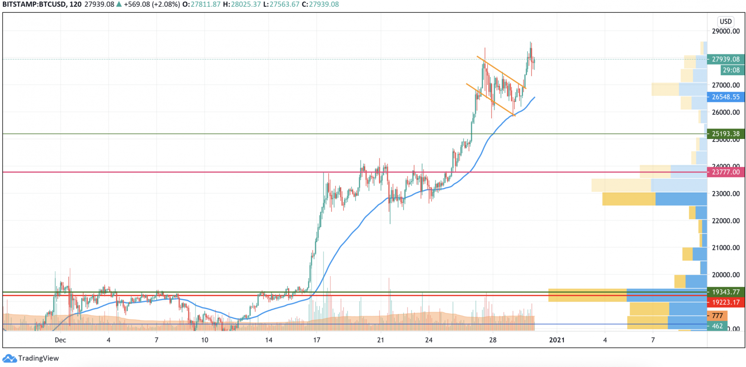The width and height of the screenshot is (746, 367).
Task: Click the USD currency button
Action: pos(725,22)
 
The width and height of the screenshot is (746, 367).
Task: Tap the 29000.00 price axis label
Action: pos(725,31)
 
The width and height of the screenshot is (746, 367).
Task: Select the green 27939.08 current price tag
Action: pos(725,59)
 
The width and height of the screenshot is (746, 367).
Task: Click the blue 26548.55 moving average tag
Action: pos(725,97)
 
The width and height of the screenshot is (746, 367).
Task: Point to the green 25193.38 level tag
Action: pos(725,134)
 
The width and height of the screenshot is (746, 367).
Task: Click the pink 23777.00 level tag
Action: pos(725,172)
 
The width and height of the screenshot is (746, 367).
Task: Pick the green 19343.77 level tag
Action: pos(725,292)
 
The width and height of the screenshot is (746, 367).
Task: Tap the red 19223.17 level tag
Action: pos(725,302)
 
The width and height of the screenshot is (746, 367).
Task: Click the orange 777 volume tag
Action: pos(717,316)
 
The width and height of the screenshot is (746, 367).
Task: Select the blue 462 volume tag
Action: pos(717,326)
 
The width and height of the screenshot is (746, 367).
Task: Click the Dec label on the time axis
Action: pos(60,340)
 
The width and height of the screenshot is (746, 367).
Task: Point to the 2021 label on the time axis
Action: pos(557,340)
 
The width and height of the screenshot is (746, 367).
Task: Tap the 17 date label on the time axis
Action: pos(317,340)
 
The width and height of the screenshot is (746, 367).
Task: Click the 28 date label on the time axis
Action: pos(493,340)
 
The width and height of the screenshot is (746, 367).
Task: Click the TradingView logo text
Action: pos(38,358)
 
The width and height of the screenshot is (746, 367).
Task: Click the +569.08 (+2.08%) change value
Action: pos(152,4)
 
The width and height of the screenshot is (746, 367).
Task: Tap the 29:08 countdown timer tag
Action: pos(731,70)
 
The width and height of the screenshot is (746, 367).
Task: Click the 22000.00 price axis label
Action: pos(725,221)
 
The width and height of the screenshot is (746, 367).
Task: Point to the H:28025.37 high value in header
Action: pos(242,4)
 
